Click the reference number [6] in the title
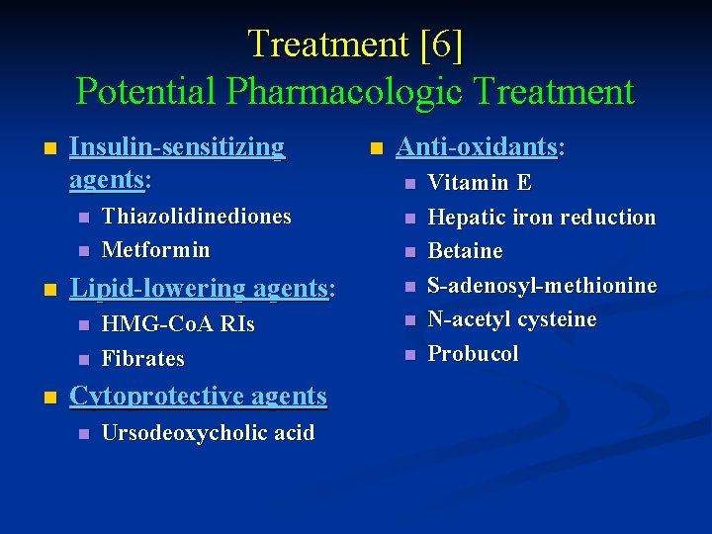tap(442, 44)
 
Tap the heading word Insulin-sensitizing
tap(177, 147)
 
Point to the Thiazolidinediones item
tap(196, 216)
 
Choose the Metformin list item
tap(155, 249)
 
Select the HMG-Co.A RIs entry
tap(178, 324)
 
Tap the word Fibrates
tap(142, 358)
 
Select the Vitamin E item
tap(480, 183)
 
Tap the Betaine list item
tap(465, 251)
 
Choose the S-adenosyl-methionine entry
tap(542, 286)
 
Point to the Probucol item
tap(473, 354)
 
